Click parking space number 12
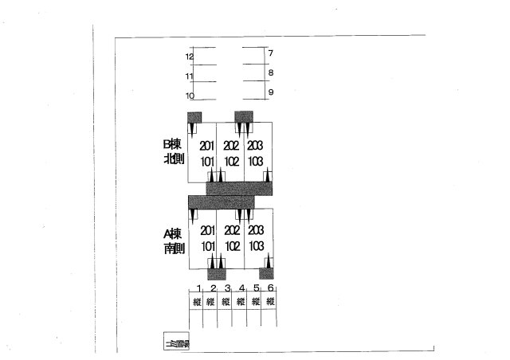190,57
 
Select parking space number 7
271,53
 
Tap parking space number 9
271,92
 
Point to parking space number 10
190,96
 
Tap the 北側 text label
174,159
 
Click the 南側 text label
174,248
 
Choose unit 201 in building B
207,146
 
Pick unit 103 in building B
255,160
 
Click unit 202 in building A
232,231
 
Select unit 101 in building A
207,246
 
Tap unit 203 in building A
255,231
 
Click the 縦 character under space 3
226,302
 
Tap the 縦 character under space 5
256,302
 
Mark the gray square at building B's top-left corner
194,117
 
